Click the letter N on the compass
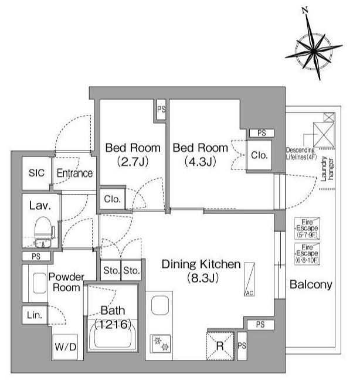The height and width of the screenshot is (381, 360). point(305,10)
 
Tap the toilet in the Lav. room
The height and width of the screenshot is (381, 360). point(43,232)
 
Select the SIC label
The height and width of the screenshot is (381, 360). point(36,173)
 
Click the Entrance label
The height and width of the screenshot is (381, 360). point(74,174)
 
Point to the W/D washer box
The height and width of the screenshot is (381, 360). point(66,347)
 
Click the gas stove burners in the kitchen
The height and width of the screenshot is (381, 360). point(161,344)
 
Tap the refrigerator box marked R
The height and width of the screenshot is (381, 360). point(220,345)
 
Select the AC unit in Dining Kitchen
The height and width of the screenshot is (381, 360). point(249,280)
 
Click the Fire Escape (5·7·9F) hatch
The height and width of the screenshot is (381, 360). point(307,229)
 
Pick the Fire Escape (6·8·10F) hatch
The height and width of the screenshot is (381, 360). point(307,254)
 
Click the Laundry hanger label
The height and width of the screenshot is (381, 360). point(327,169)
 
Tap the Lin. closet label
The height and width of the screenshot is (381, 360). point(35,315)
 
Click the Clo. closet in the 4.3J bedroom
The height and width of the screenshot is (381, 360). point(259,155)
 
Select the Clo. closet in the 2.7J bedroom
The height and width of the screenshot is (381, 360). point(113,199)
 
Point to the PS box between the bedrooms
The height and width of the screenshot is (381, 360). point(161,110)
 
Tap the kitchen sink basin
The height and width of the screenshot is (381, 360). point(160,305)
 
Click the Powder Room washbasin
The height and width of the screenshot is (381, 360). point(40,283)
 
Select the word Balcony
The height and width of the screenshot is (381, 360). point(311,285)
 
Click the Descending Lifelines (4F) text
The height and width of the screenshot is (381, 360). point(301,154)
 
